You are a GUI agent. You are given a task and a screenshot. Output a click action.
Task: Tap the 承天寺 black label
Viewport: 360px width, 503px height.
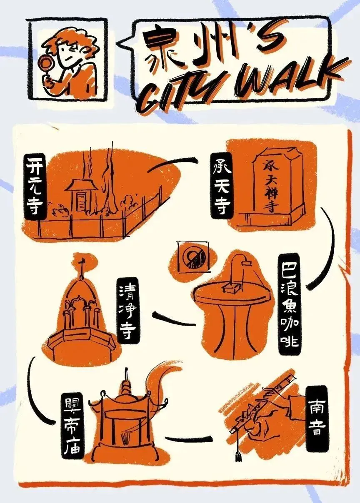222,185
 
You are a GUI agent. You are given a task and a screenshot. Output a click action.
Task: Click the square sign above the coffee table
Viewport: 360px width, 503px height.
192,256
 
